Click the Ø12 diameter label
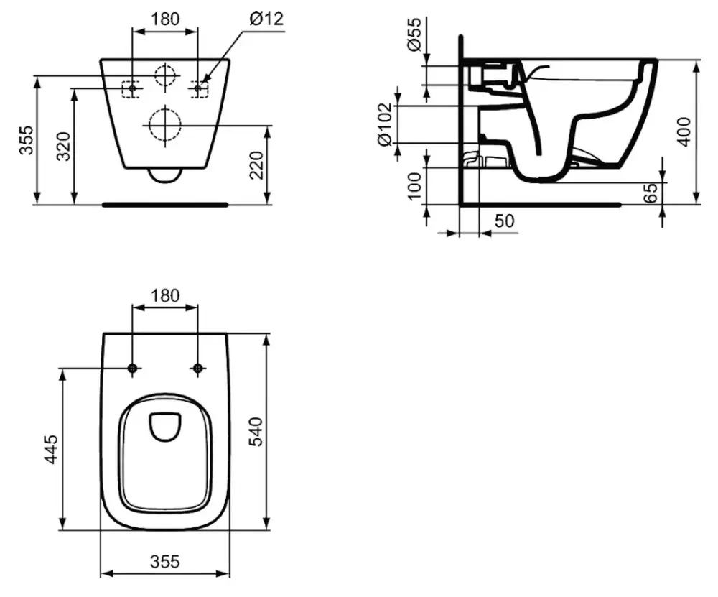[266, 18]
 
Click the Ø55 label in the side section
[414, 34]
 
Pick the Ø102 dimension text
[385, 123]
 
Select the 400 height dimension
[685, 131]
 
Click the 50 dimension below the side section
[505, 221]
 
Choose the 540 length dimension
[257, 431]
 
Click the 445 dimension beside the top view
[51, 449]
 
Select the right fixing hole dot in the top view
[198, 369]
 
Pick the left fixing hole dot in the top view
[131, 369]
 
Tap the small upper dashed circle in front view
[164, 75]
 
